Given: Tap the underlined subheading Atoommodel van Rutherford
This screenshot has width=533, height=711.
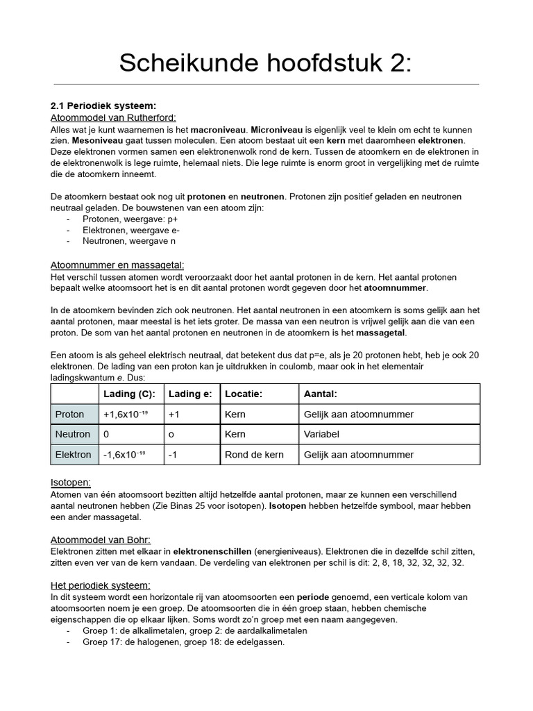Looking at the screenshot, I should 114,117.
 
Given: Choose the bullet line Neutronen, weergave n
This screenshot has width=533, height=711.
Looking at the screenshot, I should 129,241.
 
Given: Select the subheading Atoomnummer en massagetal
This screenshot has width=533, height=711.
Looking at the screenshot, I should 117,265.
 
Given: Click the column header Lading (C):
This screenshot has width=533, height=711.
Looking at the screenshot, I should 129,394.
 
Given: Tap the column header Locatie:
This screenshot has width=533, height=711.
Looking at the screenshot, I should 243,394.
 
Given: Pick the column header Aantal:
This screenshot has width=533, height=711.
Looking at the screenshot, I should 321,394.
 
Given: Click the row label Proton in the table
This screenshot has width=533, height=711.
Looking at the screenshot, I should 69,415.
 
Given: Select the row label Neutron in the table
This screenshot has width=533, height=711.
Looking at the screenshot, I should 73,435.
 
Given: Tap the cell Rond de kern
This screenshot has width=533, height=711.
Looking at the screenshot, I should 254,455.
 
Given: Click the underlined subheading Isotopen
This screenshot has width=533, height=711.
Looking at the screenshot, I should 71,482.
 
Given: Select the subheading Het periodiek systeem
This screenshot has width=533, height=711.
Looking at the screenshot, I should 101,585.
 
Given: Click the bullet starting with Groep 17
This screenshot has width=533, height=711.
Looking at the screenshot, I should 183,642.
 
